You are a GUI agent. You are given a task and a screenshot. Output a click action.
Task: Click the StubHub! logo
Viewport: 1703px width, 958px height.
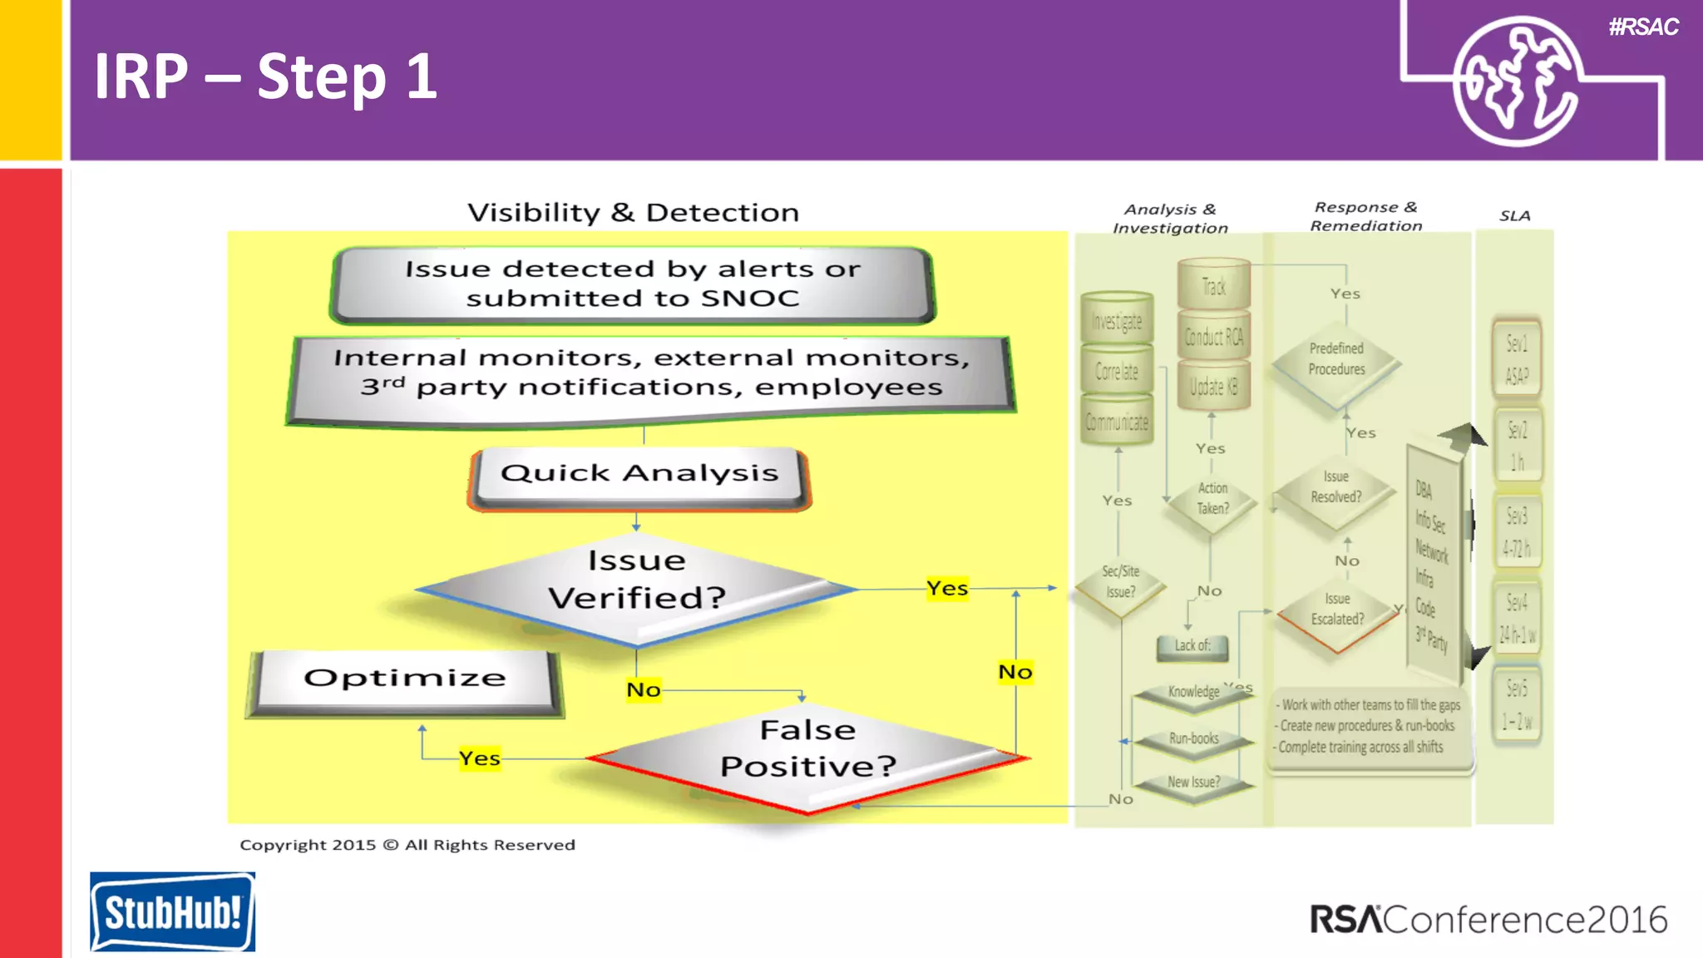[172, 911]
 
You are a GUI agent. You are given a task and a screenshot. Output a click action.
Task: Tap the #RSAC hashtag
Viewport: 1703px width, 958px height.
[1643, 27]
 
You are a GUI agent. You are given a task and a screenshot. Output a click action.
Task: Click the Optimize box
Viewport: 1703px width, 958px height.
[405, 679]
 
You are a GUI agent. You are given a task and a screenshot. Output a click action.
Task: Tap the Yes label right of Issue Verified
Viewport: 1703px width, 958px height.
[947, 589]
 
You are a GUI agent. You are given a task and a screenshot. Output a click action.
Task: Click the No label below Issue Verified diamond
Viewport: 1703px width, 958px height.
[644, 690]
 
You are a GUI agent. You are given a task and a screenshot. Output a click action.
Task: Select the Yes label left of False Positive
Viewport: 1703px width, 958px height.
[480, 758]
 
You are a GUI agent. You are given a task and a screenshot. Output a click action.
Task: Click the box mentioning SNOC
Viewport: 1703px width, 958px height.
[633, 284]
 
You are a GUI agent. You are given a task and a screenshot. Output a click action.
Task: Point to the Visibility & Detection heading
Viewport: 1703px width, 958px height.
[633, 213]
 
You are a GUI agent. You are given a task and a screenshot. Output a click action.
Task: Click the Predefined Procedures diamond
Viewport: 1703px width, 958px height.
[1336, 359]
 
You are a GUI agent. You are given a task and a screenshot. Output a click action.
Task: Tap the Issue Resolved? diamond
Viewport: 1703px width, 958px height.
[1335, 487]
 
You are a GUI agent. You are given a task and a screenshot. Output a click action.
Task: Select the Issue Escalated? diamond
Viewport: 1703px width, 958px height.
[1336, 610]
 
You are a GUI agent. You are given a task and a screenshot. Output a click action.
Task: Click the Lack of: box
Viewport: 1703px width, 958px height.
[1192, 646]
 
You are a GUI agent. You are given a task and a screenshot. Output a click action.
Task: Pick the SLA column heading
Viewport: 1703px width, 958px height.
[1514, 216]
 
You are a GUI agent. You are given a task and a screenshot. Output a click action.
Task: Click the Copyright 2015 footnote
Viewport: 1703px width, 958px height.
[407, 845]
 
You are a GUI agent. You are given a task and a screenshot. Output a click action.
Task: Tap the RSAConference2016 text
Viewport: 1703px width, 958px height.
[1488, 920]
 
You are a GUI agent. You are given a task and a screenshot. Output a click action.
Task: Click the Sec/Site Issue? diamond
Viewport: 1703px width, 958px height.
[1120, 582]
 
